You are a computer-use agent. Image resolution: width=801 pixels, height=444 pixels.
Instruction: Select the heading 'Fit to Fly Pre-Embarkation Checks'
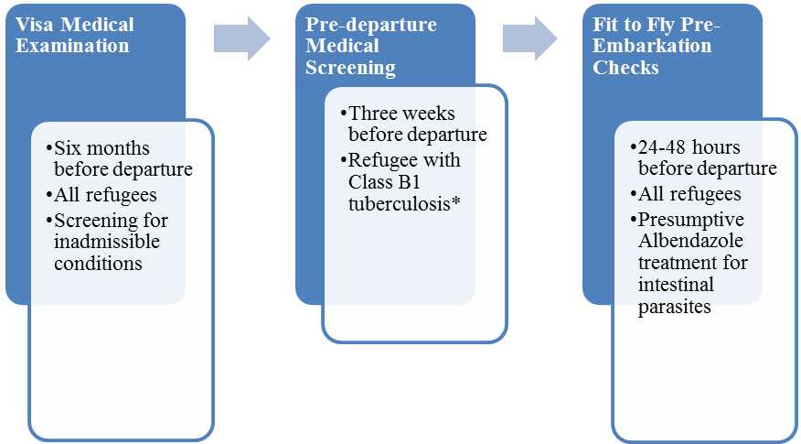656,46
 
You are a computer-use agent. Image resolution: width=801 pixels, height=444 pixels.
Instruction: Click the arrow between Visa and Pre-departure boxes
241,38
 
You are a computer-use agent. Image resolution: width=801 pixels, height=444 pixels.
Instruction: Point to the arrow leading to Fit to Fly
529,38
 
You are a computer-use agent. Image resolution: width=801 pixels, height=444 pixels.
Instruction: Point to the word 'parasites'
675,307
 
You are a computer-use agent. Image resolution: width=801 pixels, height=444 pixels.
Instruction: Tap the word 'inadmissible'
107,242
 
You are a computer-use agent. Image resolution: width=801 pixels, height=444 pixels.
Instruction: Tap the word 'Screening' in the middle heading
350,68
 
